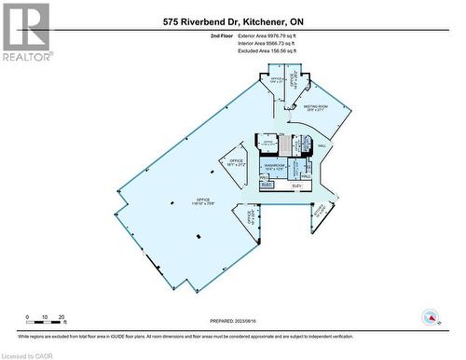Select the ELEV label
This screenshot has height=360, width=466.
(297, 187)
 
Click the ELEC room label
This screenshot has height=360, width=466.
(266, 186)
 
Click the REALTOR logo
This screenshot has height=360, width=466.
(25, 33)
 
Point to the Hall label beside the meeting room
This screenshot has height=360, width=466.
(322, 145)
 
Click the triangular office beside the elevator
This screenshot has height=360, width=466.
(251, 220)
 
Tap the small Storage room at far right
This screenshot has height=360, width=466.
(322, 213)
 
